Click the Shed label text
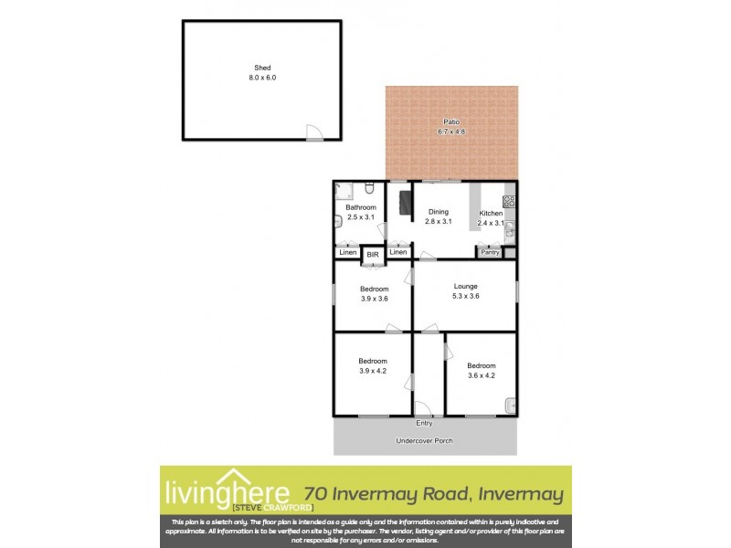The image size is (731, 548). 263,68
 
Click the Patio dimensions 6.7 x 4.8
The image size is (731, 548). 451,132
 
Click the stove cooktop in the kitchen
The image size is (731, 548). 509,201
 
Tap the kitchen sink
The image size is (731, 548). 510,231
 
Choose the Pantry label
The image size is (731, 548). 491,252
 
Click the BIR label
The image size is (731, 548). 373,255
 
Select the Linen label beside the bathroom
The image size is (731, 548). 347,252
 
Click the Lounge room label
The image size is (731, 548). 465,286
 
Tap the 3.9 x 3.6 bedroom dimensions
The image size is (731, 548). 373,299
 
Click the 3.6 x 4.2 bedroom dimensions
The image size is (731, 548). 481,374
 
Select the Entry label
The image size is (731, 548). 424,423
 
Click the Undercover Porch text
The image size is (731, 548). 424,441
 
